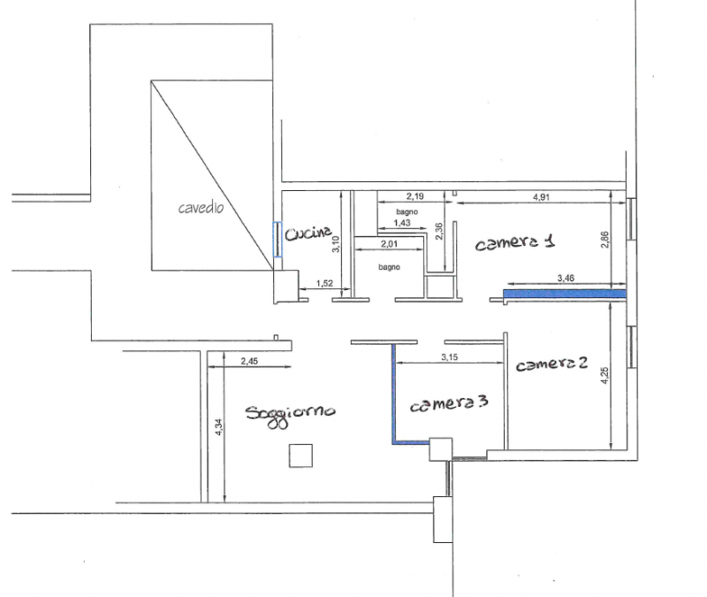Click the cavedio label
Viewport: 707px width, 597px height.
coord(201,208)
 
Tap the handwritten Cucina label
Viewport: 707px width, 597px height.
coord(308,233)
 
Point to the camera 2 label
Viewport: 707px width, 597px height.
coord(551,364)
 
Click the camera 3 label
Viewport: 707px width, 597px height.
coord(449,404)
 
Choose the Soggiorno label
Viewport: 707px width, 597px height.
coord(291,415)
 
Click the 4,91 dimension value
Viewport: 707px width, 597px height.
coord(541,197)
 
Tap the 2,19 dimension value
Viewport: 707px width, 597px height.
coord(414,196)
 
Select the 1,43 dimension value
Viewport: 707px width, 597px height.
coord(402,223)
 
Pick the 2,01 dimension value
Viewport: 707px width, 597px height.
coord(389,244)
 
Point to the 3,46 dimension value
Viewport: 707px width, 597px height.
coord(566,279)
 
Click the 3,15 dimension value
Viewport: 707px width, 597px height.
coord(450,357)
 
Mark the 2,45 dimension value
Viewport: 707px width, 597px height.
coord(249,361)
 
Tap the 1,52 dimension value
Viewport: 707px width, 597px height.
coord(324,283)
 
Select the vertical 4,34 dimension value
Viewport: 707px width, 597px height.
coord(219,427)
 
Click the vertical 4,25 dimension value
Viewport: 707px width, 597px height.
coord(605,375)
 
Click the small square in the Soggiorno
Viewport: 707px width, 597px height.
coord(300,455)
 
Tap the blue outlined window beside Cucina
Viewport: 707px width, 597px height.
coord(277,240)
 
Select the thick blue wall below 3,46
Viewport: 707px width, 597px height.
coord(565,295)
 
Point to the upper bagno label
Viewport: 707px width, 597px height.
coord(407,211)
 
